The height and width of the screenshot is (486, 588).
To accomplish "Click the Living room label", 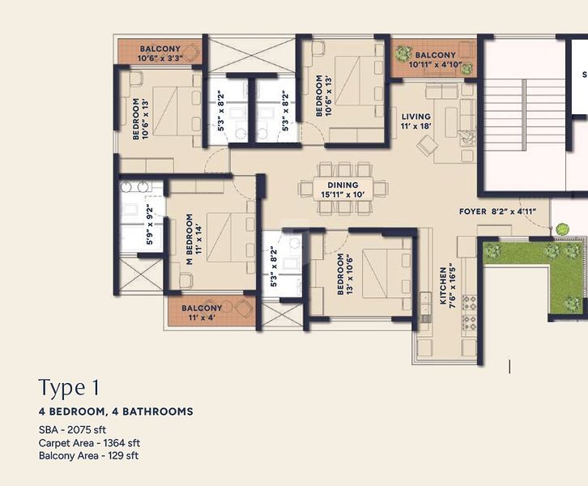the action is (415, 117).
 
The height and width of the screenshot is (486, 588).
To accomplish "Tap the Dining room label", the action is (343, 185).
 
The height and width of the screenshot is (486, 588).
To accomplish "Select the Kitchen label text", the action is (443, 286).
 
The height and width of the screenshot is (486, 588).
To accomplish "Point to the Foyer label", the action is (473, 211).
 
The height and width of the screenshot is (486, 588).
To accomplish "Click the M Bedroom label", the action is (190, 239).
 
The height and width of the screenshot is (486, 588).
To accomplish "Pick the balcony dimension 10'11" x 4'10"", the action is (435, 65).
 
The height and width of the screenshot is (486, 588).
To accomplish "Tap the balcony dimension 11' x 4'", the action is (202, 318).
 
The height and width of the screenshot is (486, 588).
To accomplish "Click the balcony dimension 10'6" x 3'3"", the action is (160, 58).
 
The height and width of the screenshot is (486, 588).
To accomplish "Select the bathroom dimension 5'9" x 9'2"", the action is (150, 224).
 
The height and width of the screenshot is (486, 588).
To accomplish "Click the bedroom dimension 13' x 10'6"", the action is (350, 274).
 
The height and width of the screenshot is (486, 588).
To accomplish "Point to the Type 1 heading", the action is (69, 388).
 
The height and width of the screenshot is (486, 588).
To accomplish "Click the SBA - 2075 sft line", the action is (72, 430).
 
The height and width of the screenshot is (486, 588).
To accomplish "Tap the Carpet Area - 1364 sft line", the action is (89, 443).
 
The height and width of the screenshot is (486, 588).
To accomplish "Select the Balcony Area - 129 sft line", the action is (88, 455).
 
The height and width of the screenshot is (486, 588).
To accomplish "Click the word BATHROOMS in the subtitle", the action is (152, 411).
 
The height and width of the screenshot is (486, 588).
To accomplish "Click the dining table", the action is (343, 189).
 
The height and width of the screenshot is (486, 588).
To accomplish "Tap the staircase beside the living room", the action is (524, 114).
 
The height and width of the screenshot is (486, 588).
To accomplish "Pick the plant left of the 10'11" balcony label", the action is (403, 53).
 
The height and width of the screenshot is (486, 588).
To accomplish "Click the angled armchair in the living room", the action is (427, 144).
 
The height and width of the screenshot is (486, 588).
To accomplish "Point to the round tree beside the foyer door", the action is (562, 228).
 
